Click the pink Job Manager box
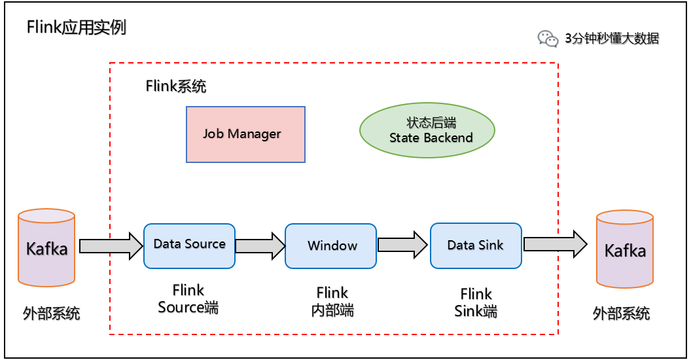[x=245, y=134]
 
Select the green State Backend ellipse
[x=427, y=130]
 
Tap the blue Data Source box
[x=189, y=245]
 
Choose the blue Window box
[x=331, y=246]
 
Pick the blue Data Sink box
[x=476, y=245]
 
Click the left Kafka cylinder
[x=46, y=248]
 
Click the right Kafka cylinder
[x=624, y=249]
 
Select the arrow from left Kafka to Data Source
[x=111, y=245]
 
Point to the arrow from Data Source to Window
[x=260, y=245]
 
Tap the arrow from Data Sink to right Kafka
[x=555, y=244]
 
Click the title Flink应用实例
[x=77, y=28]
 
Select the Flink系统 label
[x=176, y=86]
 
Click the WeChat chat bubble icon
[x=548, y=39]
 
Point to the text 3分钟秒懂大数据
[x=612, y=39]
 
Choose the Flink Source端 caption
[x=188, y=298]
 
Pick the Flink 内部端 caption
[x=332, y=301]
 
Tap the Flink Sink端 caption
[x=476, y=302]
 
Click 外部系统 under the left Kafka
[x=52, y=313]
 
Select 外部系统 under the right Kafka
[x=621, y=313]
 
